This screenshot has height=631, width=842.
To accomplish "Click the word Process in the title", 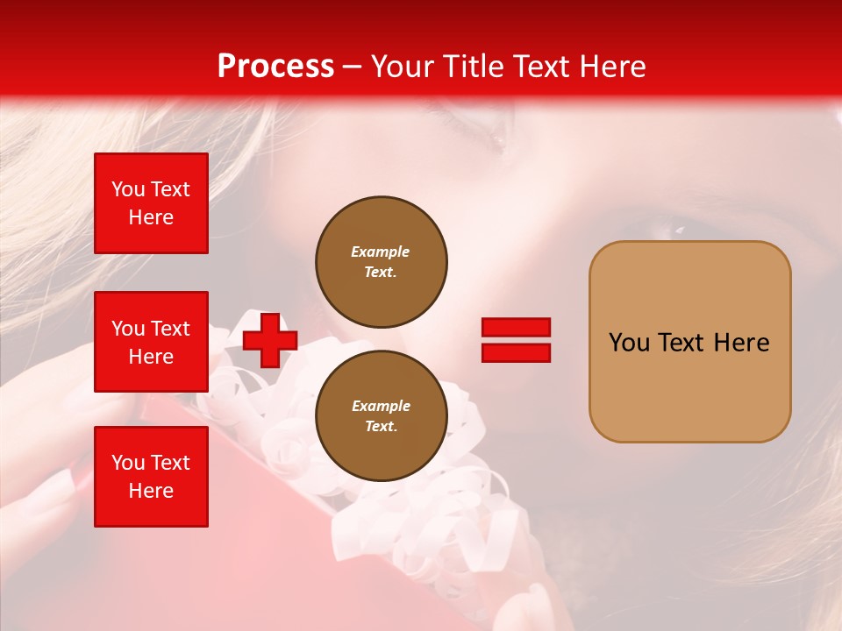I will click(x=275, y=67).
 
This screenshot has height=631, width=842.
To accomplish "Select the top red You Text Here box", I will click(x=151, y=203).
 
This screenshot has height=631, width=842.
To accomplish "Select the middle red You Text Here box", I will click(x=151, y=342).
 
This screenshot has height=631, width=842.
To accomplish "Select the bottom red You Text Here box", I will click(x=151, y=476).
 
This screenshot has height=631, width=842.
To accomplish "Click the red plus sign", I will click(x=270, y=340).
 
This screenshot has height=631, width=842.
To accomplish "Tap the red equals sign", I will click(x=516, y=340).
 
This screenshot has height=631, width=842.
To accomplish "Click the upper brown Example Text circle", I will click(x=381, y=261).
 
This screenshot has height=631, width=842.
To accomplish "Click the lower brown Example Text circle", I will click(x=381, y=415).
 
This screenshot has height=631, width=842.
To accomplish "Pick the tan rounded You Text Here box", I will click(x=689, y=342).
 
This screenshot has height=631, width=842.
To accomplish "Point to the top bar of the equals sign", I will click(x=516, y=328).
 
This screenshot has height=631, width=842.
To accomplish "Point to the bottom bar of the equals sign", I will click(x=516, y=352).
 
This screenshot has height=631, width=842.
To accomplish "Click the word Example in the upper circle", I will click(x=381, y=252).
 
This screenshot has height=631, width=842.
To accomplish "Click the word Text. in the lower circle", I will click(x=381, y=426).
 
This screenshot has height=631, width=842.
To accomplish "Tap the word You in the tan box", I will click(x=628, y=343).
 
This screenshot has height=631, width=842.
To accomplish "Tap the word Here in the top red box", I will click(x=151, y=217).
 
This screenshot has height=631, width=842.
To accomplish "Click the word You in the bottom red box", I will click(x=127, y=463).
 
